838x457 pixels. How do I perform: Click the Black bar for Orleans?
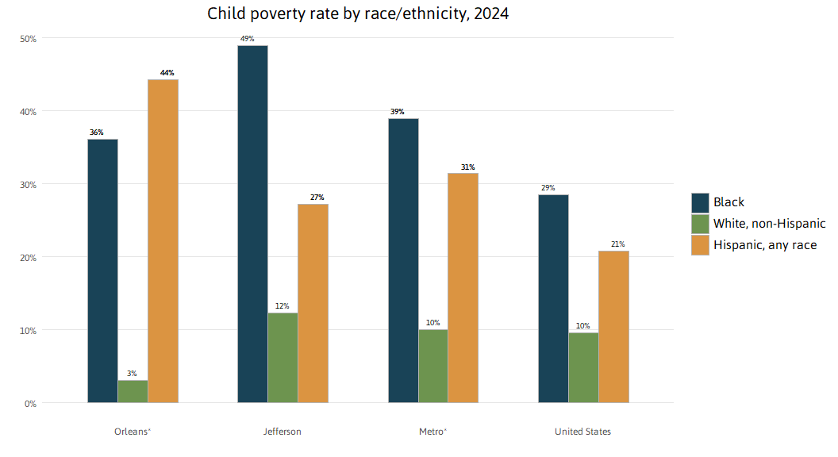[102, 271]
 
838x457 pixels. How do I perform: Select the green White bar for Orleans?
[133, 391]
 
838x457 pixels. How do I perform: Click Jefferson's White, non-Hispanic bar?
[283, 358]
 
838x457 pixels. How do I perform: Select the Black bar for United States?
[553, 298]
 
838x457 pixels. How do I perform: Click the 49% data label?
[247, 39]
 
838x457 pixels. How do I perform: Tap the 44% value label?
[167, 73]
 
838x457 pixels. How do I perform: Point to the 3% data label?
[132, 374]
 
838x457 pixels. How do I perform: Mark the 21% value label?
[617, 244]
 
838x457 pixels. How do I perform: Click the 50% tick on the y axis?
[29, 39]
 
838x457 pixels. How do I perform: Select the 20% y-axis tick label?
[29, 257]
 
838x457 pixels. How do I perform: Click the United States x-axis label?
[583, 432]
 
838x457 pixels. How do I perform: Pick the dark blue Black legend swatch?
[700, 202]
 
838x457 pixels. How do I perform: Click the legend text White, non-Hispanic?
[769, 224]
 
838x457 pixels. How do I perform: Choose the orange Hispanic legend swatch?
[700, 245]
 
